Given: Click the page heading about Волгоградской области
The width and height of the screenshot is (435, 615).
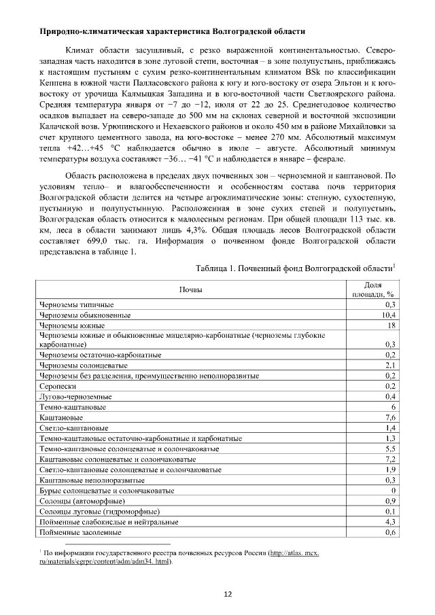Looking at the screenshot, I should click(x=172, y=32).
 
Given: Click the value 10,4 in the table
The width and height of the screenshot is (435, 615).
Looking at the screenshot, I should click(x=389, y=315).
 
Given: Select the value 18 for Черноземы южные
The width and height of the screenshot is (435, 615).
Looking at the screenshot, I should click(x=391, y=326).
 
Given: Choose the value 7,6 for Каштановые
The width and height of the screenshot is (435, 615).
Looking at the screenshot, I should click(x=390, y=417).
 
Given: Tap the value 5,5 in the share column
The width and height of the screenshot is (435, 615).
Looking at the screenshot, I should click(x=390, y=449).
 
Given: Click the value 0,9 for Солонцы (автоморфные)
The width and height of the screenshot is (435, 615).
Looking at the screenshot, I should click(x=390, y=500).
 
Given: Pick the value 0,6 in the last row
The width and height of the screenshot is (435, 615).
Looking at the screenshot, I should click(x=390, y=533).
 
